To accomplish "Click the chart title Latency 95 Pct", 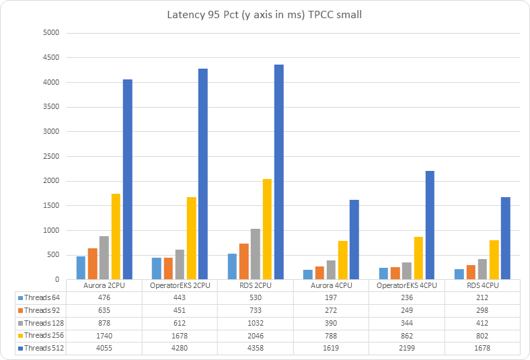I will click(x=264, y=15).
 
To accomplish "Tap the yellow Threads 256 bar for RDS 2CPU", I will click(x=267, y=229).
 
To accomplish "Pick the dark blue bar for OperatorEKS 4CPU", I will click(x=430, y=225).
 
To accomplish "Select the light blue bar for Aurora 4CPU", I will click(x=309, y=275).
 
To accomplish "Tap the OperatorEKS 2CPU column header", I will click(x=180, y=285).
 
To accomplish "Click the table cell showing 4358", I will click(x=256, y=348).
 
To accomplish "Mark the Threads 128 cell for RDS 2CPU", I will click(x=256, y=323).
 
